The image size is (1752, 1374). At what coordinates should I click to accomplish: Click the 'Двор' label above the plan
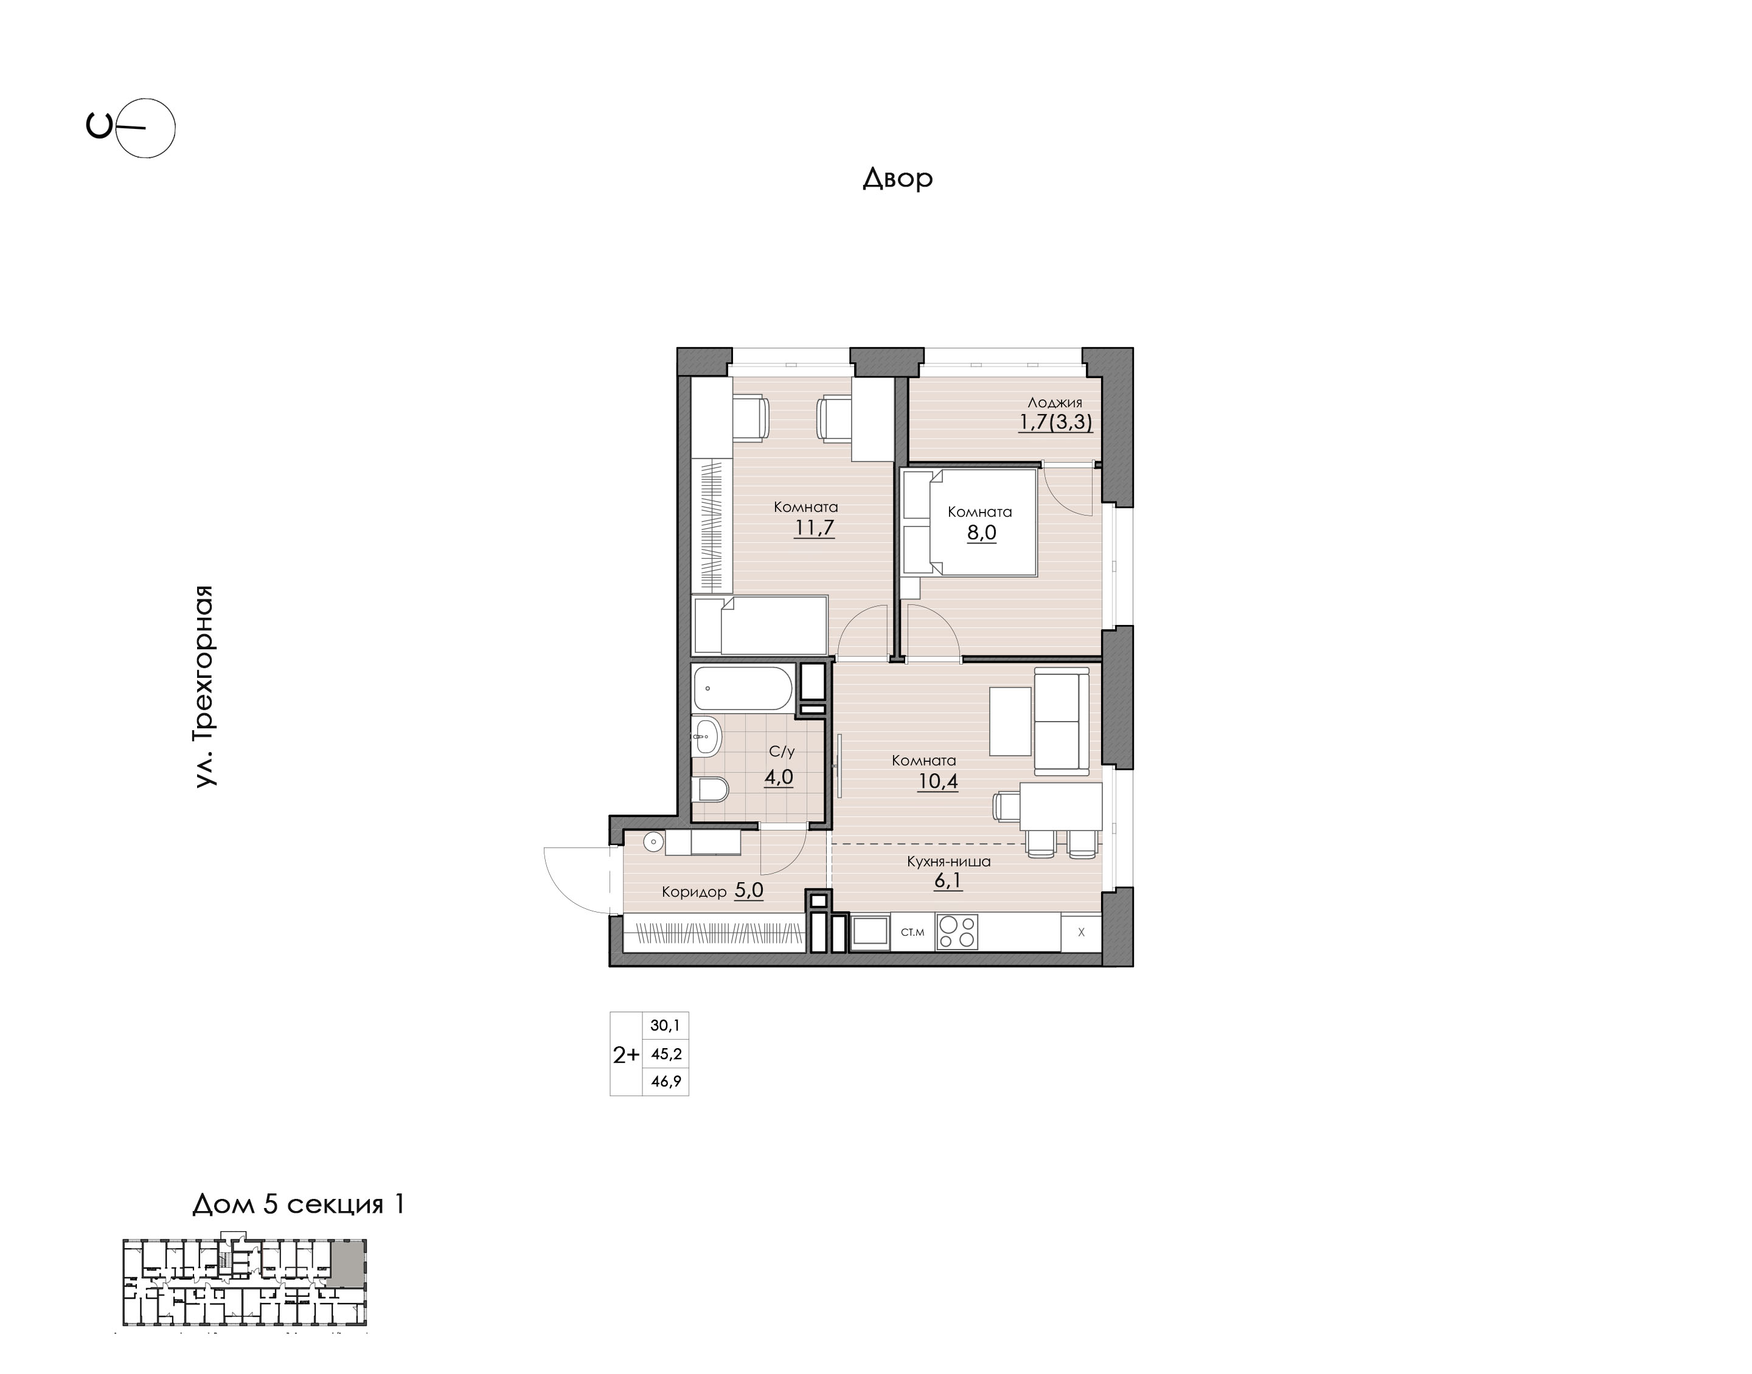pyautogui.click(x=897, y=177)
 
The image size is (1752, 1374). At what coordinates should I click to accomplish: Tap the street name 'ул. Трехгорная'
pyautogui.click(x=204, y=686)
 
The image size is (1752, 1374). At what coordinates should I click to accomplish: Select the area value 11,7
pyautogui.click(x=815, y=528)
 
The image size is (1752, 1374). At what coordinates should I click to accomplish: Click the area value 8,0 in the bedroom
pyautogui.click(x=982, y=533)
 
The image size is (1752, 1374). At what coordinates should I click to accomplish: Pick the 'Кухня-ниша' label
pyautogui.click(x=948, y=861)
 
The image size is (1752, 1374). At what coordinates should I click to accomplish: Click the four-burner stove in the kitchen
pyautogui.click(x=957, y=933)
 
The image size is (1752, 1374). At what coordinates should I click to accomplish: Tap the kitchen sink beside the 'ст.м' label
pyautogui.click(x=870, y=933)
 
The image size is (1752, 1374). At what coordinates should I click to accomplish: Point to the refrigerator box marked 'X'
pyautogui.click(x=1081, y=933)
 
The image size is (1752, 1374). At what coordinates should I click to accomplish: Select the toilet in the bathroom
pyautogui.click(x=710, y=790)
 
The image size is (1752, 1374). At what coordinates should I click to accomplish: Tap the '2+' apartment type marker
pyautogui.click(x=626, y=1055)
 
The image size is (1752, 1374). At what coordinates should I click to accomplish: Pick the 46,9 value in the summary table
pyautogui.click(x=666, y=1081)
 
